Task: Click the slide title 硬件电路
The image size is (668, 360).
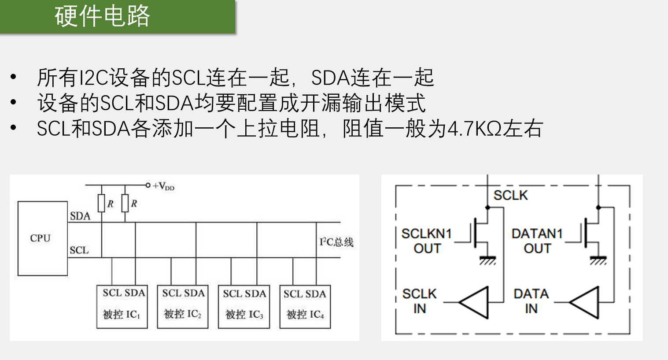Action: tap(102, 16)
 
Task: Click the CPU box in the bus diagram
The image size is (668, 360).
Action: tap(42, 238)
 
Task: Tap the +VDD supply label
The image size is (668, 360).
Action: tap(163, 186)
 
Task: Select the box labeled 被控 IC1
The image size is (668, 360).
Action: tap(122, 307)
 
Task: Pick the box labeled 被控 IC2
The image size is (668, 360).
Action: tap(183, 307)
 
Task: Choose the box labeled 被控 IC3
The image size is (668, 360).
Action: tap(244, 307)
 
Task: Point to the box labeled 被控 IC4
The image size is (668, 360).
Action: tap(305, 307)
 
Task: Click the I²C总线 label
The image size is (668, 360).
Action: tap(336, 242)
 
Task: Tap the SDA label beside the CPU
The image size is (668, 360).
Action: tap(80, 216)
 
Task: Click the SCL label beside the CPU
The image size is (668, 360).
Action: tap(79, 250)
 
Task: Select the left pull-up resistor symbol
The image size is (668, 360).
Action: tap(101, 203)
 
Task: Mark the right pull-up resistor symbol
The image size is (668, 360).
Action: tap(125, 203)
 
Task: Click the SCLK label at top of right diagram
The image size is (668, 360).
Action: tap(510, 195)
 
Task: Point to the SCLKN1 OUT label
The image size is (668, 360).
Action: tap(426, 241)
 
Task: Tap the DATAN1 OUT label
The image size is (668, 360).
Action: tap(537, 241)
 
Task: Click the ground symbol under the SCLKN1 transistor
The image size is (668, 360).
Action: tap(487, 260)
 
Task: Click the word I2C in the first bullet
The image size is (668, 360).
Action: tap(94, 78)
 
